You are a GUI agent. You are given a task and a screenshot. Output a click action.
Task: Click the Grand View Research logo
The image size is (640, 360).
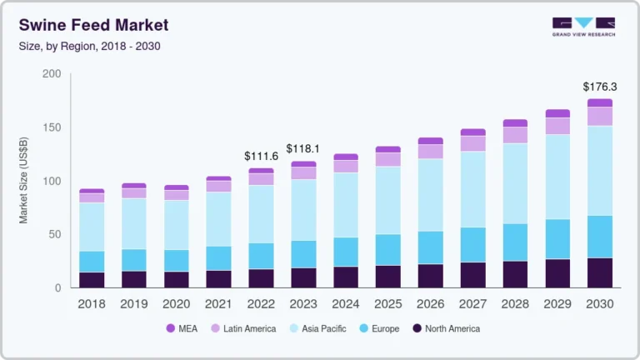[583, 27]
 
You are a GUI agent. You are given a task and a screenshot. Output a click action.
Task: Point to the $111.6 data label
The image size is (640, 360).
[260, 156]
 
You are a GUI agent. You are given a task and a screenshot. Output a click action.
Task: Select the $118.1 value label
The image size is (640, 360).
[303, 148]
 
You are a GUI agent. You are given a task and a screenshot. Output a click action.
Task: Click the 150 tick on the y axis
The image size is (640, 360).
[52, 127]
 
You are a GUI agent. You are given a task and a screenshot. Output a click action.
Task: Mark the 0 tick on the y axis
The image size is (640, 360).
[57, 288]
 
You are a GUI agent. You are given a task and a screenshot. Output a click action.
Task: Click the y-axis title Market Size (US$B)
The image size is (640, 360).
[24, 181]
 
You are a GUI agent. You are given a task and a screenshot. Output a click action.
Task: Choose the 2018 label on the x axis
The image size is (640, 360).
[92, 305]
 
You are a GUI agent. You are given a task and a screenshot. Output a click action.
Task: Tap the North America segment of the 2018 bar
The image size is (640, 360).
[92, 280]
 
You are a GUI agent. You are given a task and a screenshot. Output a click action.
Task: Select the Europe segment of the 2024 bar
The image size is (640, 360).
[347, 252]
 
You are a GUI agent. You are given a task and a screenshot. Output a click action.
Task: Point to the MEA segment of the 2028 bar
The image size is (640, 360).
[515, 122]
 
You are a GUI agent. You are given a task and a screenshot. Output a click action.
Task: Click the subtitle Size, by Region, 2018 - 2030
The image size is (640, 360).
[89, 46]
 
